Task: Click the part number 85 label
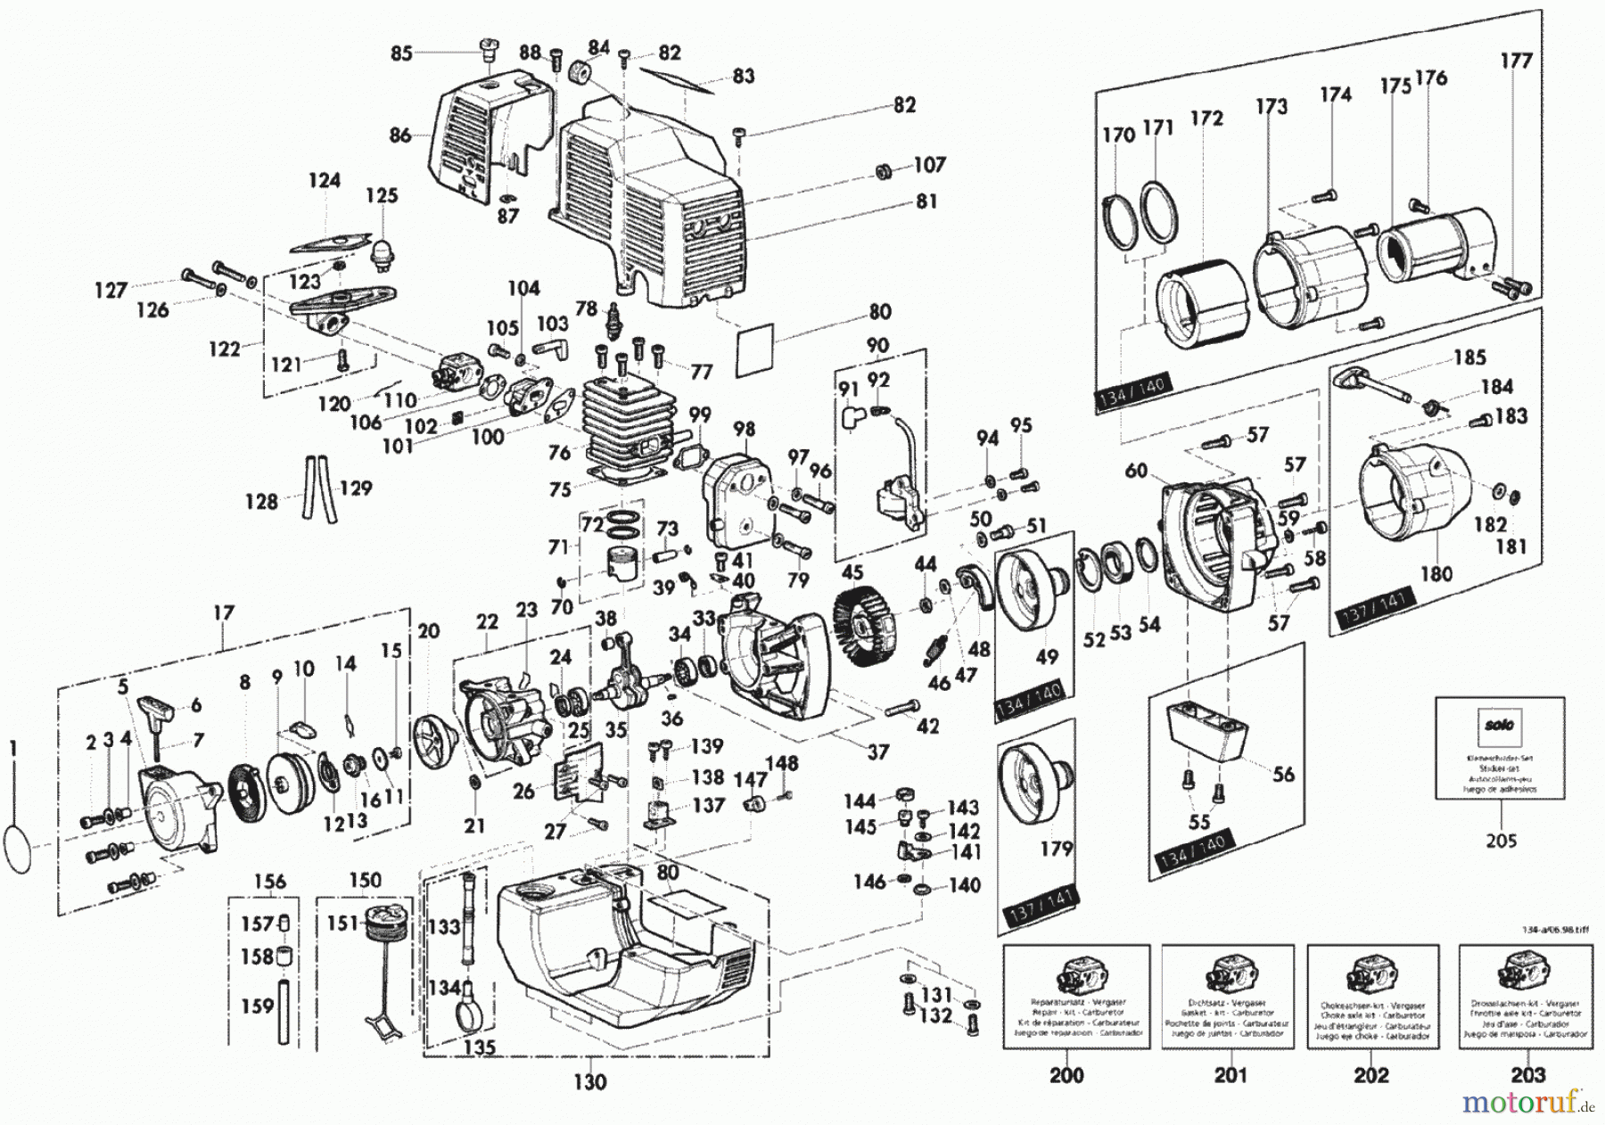(x=401, y=53)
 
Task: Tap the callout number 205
(x=1501, y=840)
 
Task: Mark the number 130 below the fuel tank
(x=589, y=1082)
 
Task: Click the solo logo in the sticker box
(x=1502, y=725)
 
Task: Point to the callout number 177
(x=1515, y=61)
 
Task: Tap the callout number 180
(x=1436, y=574)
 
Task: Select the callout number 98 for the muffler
(x=744, y=430)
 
